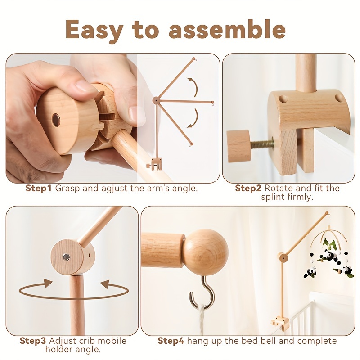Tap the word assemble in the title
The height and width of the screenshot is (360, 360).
click(x=227, y=29)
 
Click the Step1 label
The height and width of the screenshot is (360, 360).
click(x=39, y=188)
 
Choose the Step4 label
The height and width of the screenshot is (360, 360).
click(x=171, y=341)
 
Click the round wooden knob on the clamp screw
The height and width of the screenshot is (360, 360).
click(x=238, y=146)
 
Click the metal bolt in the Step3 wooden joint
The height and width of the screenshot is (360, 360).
click(x=66, y=257)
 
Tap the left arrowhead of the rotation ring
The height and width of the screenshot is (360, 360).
click(x=46, y=283)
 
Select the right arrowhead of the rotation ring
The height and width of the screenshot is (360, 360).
click(x=104, y=284)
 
